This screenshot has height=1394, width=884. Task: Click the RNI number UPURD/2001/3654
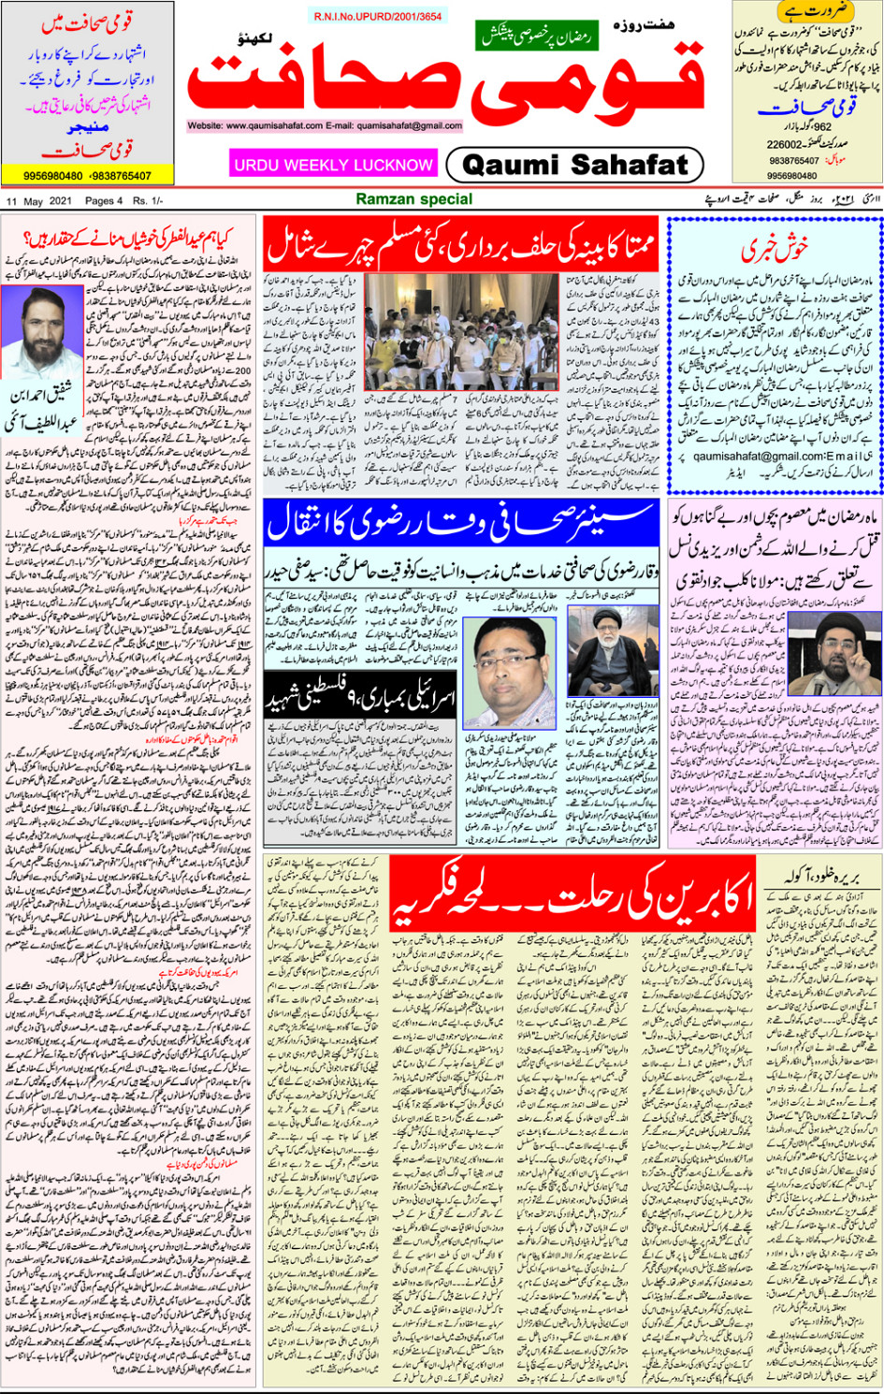pyautogui.click(x=378, y=17)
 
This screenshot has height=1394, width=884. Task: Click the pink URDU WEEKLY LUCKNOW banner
pyautogui.click(x=333, y=165)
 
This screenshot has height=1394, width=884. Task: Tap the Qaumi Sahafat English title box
pyautogui.click(x=574, y=166)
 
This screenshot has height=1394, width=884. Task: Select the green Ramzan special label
pyautogui.click(x=414, y=199)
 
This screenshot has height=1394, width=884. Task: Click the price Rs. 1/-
pyautogui.click(x=148, y=201)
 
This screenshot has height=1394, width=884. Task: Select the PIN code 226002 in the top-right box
pyautogui.click(x=785, y=145)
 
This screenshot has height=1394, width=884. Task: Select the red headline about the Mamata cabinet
pyautogui.click(x=461, y=244)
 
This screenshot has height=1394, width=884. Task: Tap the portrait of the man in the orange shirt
pyautogui.click(x=511, y=664)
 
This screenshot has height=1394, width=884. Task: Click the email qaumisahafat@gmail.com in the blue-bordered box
pyautogui.click(x=756, y=457)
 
